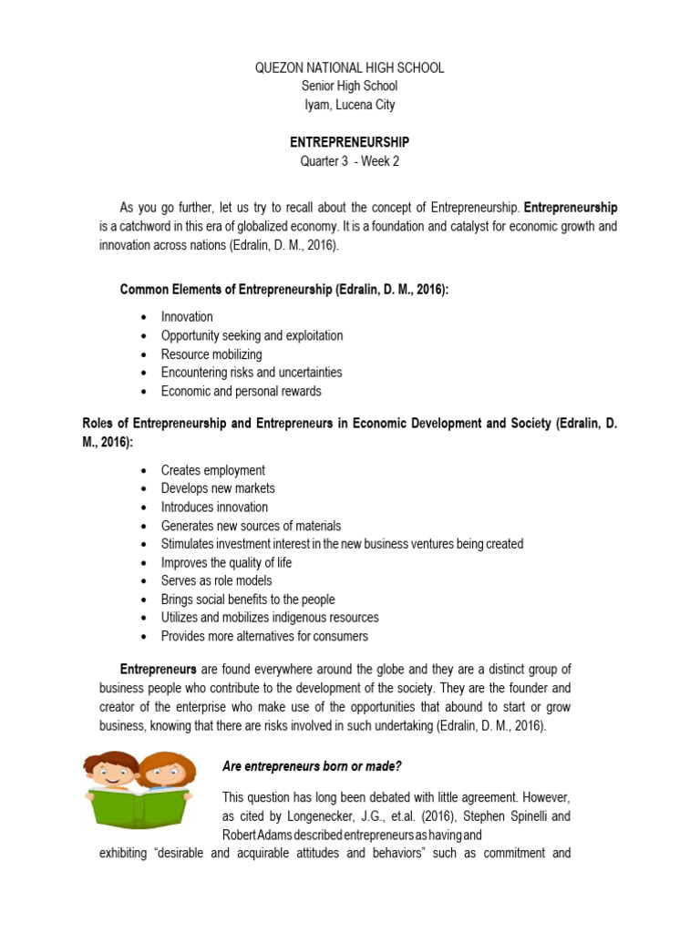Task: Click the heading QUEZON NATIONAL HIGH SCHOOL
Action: coord(349,68)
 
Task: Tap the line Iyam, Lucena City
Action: coord(349,105)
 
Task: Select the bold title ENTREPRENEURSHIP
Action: coord(349,143)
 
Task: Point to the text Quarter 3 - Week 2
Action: coord(349,161)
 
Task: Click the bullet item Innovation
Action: coord(187,317)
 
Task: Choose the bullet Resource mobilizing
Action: coord(211,354)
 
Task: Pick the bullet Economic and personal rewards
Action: coord(241,391)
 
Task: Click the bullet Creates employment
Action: coord(213,470)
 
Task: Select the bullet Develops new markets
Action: coord(218,488)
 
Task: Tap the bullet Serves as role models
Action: coord(216,580)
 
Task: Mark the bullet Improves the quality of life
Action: coord(226,562)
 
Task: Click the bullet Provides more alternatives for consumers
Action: coord(264,636)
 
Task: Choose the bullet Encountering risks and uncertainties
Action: coord(252,373)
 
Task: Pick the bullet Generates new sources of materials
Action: coord(251,526)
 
